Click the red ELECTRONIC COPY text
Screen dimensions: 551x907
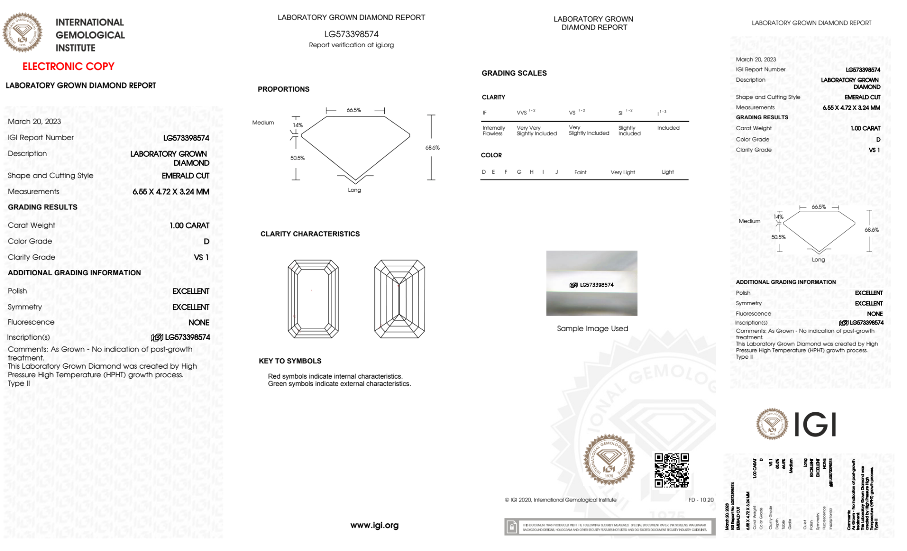click(68, 66)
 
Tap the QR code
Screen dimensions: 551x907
click(671, 470)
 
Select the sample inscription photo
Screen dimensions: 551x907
click(592, 283)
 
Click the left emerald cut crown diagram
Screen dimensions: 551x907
click(313, 299)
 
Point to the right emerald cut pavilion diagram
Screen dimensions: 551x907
click(399, 299)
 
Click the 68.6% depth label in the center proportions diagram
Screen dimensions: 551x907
click(432, 148)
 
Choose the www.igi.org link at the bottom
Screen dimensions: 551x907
click(374, 525)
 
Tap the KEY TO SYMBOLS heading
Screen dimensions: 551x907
click(290, 361)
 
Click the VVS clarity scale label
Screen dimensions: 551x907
click(522, 112)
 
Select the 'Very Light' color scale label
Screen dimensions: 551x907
click(622, 172)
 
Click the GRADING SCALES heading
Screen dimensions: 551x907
click(514, 73)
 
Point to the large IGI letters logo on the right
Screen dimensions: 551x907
click(815, 425)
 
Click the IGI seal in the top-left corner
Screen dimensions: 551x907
click(22, 32)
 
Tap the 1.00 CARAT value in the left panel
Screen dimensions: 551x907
click(189, 225)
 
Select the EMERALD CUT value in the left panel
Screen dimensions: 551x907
click(185, 176)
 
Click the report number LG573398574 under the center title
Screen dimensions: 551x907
click(351, 34)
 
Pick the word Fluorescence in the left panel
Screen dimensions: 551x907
click(31, 322)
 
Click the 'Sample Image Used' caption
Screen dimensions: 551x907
click(592, 328)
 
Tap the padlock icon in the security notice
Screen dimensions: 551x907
click(512, 527)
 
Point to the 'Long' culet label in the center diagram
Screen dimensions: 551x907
click(354, 190)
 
